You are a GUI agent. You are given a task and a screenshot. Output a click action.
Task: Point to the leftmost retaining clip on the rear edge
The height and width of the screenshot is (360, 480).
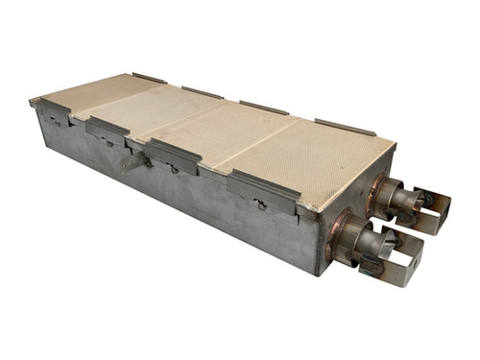[149, 78]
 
